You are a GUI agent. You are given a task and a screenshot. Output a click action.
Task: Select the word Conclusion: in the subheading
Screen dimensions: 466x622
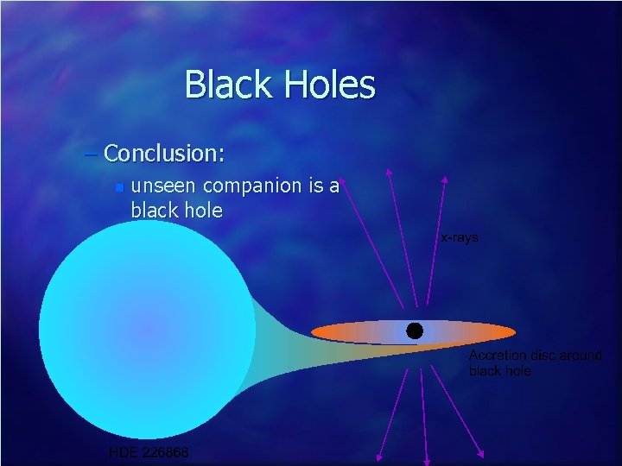(x=164, y=154)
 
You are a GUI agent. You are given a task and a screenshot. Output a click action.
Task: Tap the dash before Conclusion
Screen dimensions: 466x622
(x=92, y=154)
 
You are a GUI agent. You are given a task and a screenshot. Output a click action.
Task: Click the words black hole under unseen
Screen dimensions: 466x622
(x=176, y=211)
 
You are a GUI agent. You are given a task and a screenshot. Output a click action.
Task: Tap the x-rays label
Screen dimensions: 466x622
(x=460, y=236)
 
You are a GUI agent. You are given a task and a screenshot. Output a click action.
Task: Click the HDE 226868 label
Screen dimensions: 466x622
(x=149, y=452)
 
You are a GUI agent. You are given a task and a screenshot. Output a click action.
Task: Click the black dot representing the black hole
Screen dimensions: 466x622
(x=415, y=331)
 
